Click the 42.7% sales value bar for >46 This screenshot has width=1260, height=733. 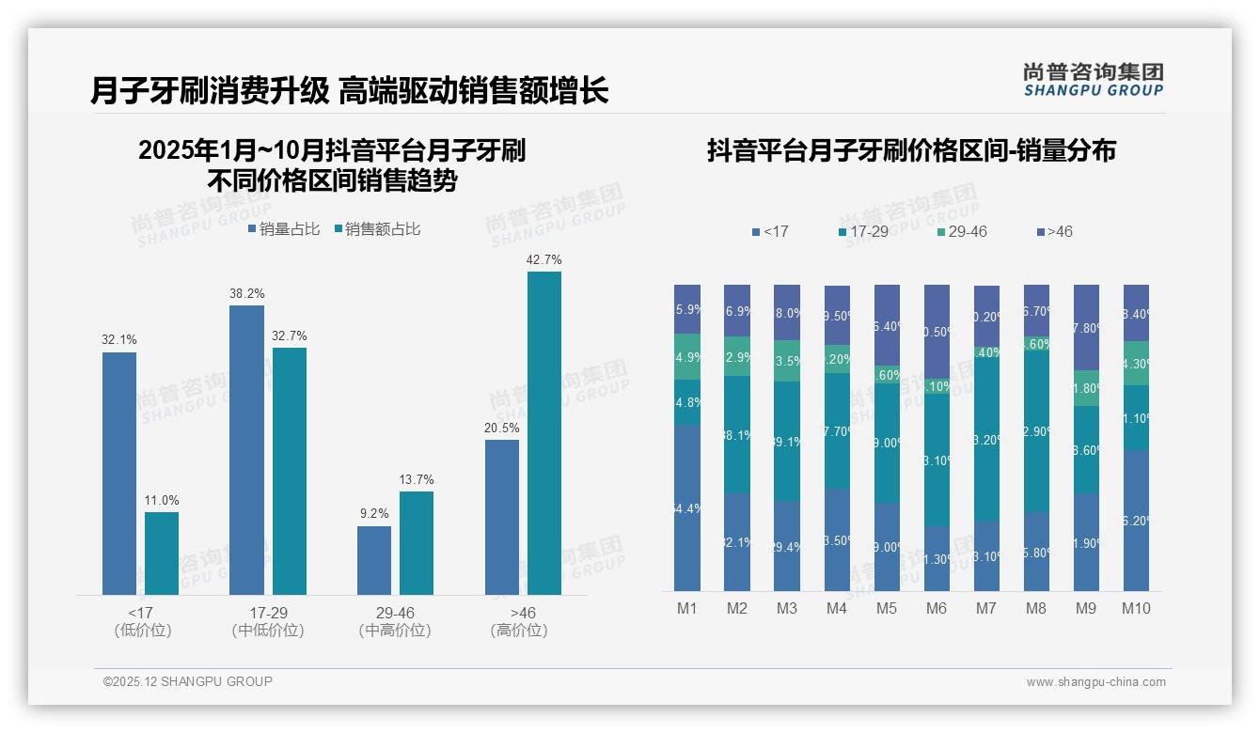click(543, 432)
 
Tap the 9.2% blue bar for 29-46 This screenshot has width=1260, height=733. click(373, 560)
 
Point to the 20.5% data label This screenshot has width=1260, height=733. click(502, 428)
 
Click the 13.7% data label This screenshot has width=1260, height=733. click(417, 479)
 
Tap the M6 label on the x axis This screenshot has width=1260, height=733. click(936, 608)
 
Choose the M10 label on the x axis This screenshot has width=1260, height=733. click(1136, 608)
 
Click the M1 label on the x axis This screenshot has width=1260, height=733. click(687, 608)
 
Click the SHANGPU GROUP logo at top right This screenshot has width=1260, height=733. click(1093, 79)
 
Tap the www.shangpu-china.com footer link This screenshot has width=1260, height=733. click(1095, 682)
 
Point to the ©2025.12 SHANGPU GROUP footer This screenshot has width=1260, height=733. click(188, 681)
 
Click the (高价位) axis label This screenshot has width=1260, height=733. click(519, 631)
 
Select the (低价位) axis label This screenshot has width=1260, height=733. click(143, 631)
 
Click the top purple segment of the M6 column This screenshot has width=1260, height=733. click(937, 331)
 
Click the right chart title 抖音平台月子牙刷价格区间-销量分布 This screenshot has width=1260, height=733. click(911, 151)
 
